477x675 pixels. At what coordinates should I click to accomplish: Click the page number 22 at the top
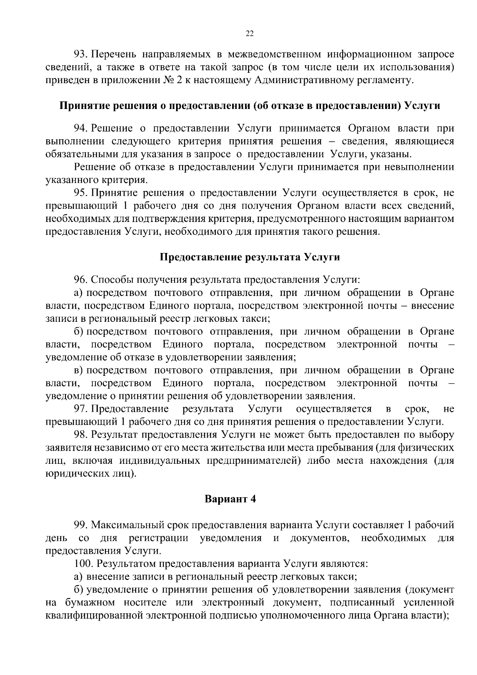250,34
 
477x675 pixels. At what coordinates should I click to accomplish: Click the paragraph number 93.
81,54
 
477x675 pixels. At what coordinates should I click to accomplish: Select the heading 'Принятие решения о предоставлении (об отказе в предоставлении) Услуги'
250,106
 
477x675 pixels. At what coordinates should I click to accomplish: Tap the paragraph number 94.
81,128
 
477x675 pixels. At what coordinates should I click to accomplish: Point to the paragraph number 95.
81,193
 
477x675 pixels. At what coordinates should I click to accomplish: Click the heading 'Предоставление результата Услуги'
250,257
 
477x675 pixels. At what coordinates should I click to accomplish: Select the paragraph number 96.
81,280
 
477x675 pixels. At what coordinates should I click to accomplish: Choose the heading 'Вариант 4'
230,499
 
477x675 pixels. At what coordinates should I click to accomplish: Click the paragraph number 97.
81,409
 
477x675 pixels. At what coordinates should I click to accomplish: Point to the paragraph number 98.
81,435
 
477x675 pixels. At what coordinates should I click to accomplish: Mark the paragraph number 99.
81,525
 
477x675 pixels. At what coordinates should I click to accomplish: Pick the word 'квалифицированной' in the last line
94,615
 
